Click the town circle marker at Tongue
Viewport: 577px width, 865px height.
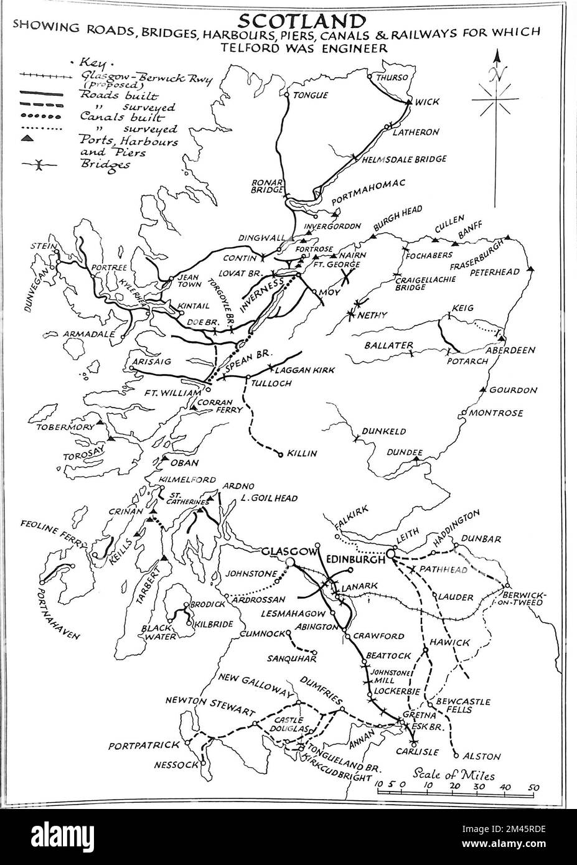[286, 96]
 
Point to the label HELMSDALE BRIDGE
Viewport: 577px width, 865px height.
[405, 159]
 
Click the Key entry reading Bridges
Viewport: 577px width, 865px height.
[105, 165]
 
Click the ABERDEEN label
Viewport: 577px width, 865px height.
[510, 350]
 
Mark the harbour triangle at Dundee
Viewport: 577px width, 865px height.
[416, 459]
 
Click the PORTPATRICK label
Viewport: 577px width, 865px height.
[143, 745]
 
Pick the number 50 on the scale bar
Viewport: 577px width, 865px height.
[533, 788]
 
